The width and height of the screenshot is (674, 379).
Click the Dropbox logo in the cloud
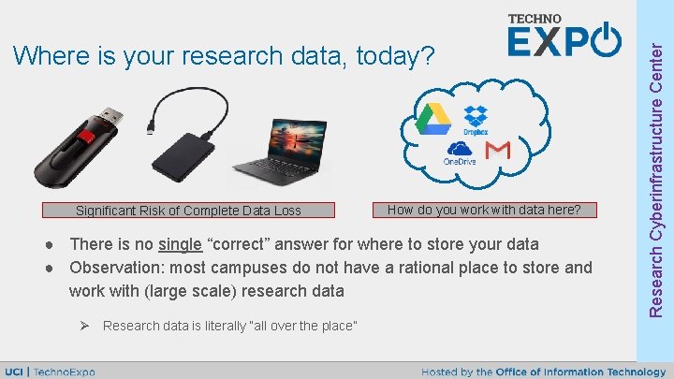click(x=476, y=119)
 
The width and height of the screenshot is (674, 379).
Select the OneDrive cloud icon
click(x=460, y=152)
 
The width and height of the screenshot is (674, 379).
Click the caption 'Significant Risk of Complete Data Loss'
click(x=188, y=211)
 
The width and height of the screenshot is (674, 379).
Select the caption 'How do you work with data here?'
click(x=484, y=210)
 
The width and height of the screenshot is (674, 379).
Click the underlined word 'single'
click(x=180, y=244)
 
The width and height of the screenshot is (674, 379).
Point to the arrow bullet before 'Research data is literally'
click(x=82, y=326)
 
